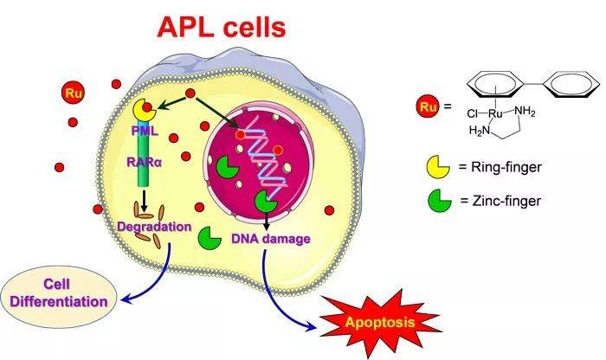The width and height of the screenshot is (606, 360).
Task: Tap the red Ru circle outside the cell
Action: click(72, 92)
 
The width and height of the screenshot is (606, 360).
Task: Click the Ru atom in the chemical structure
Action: click(496, 113)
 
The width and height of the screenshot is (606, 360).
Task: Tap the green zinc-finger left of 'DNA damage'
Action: click(211, 236)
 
